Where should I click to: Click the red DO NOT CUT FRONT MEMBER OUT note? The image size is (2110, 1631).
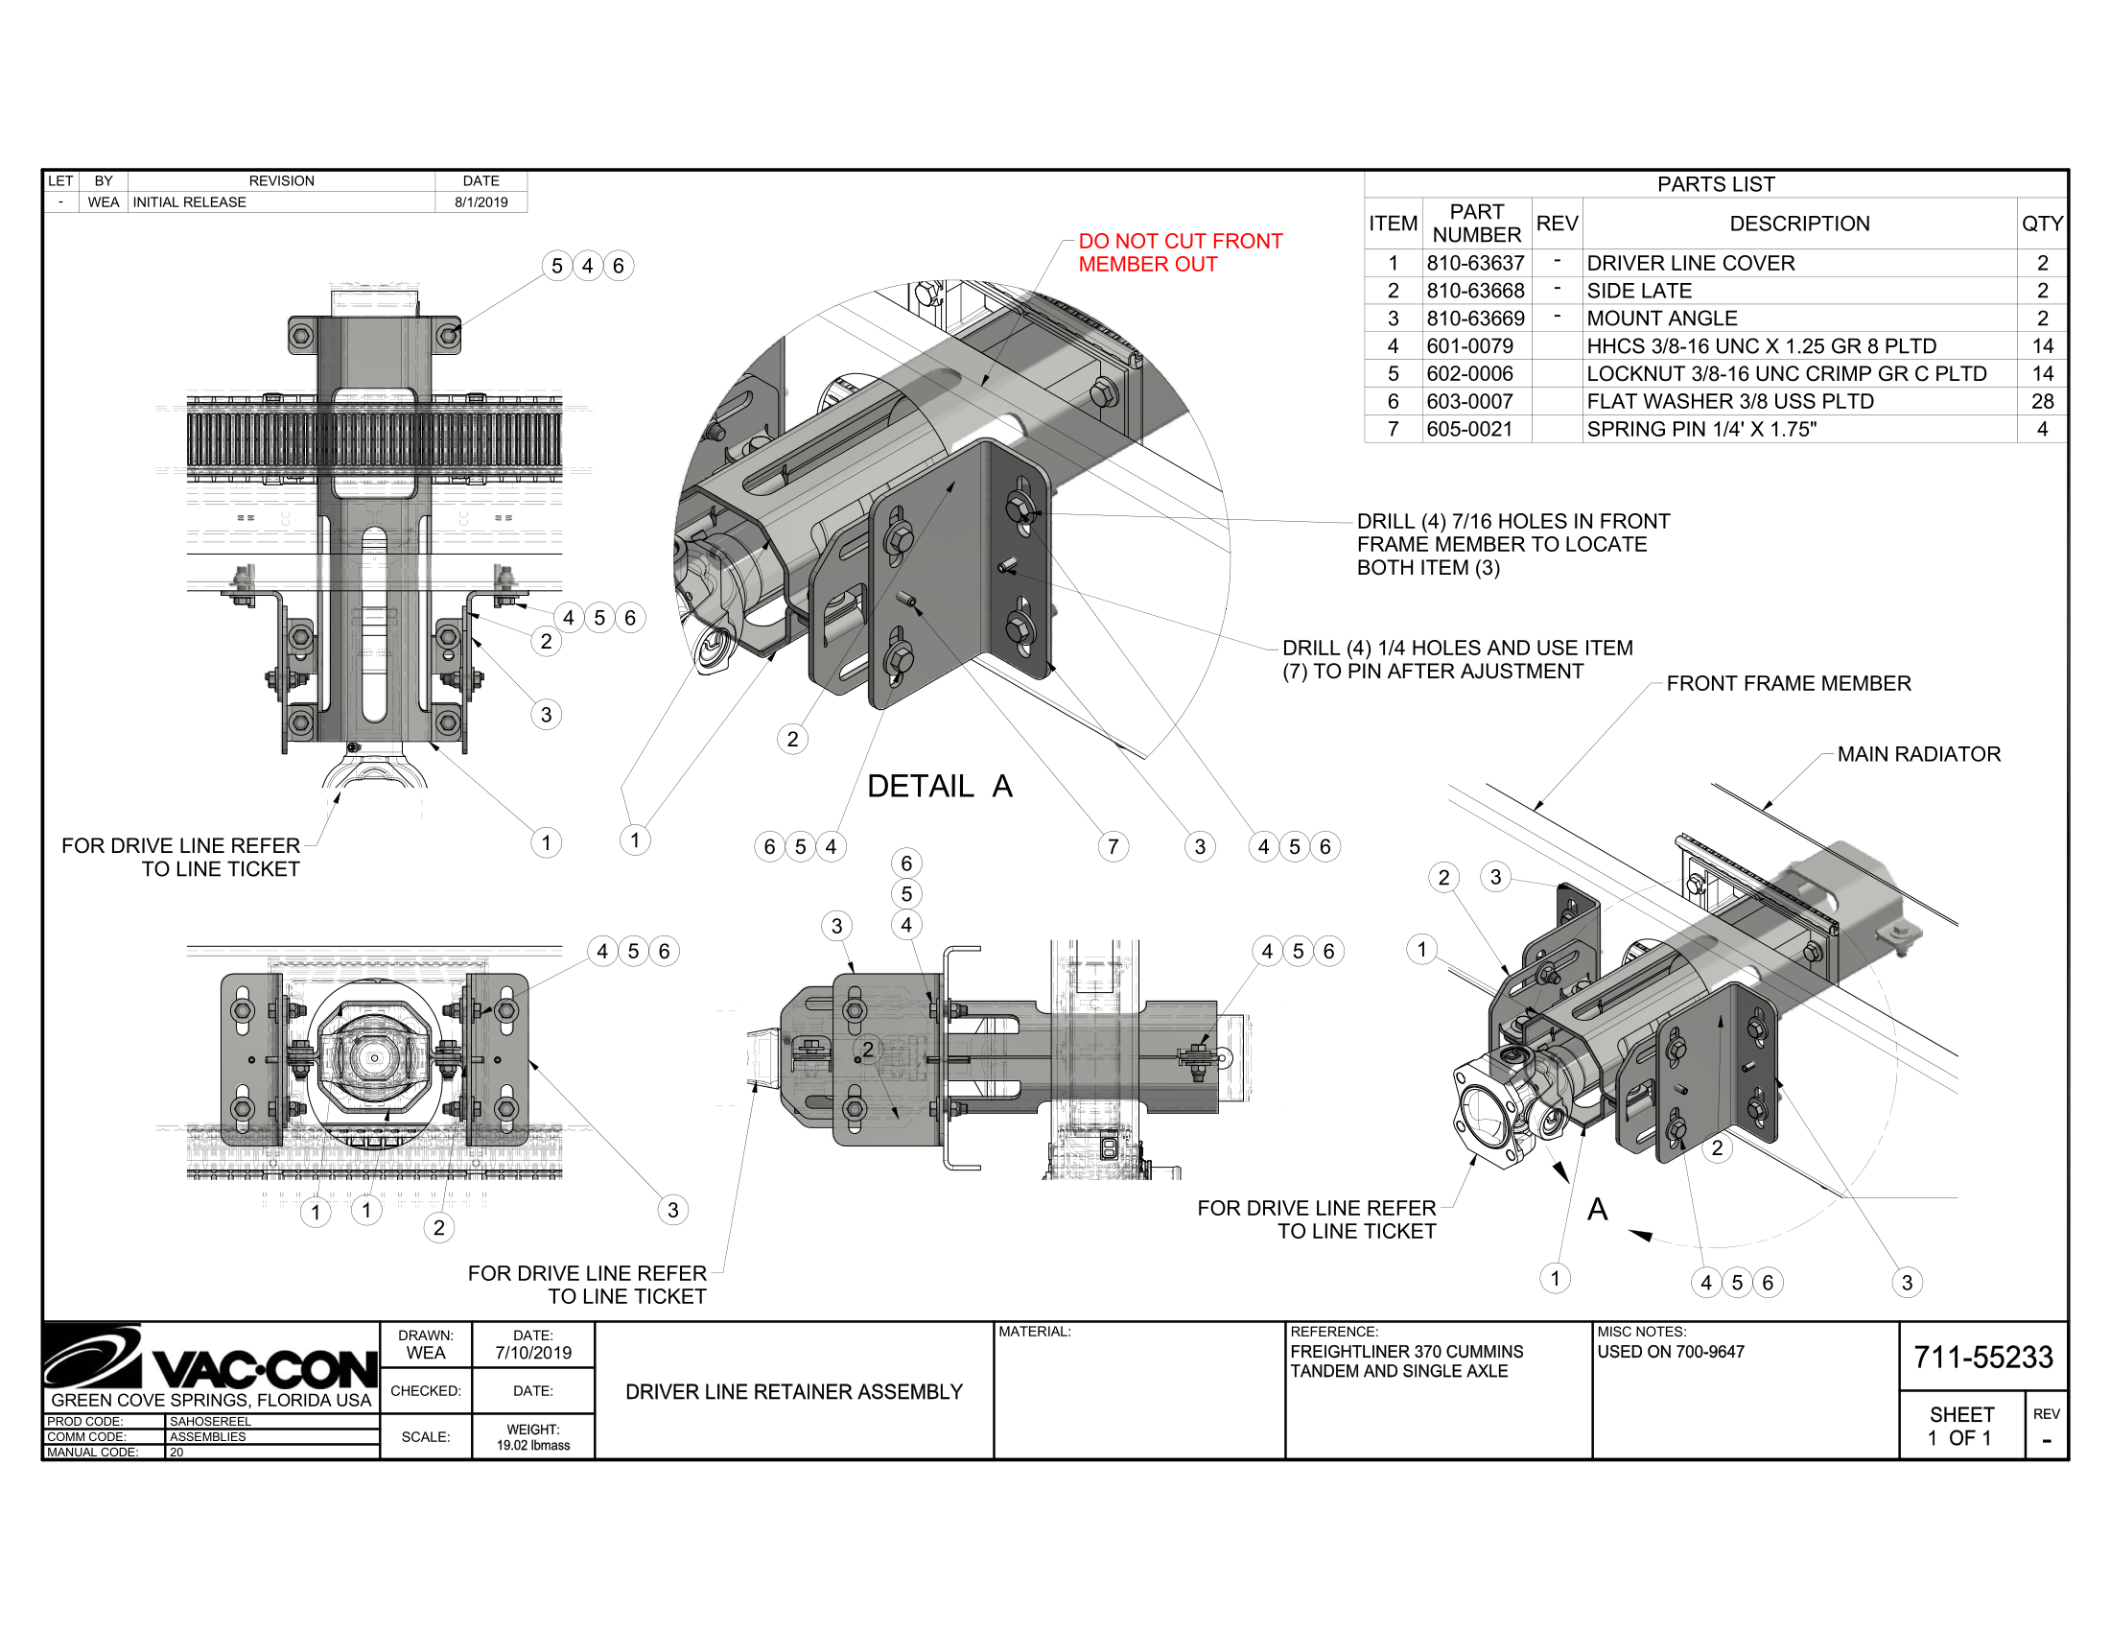1180,253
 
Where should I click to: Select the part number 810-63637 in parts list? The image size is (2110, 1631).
1475,263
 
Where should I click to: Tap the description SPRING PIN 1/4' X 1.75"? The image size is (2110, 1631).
1701,429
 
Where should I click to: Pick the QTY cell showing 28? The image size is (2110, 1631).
2041,401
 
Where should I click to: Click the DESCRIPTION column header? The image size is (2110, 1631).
1799,224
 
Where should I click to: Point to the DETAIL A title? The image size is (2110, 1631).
939,787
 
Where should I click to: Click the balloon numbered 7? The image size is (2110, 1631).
1113,847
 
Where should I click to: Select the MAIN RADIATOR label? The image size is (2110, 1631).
1918,755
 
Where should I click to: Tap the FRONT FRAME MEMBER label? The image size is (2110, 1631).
1788,684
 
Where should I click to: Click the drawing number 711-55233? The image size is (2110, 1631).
1982,1358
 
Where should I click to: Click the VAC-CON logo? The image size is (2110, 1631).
211,1359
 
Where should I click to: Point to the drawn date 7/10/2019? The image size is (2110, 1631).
533,1353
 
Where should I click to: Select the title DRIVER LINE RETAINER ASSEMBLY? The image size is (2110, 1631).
794,1392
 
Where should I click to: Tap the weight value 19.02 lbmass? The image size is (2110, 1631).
533,1446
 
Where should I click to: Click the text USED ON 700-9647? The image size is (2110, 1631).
1671,1352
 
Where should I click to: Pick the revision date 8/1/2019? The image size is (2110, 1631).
481,201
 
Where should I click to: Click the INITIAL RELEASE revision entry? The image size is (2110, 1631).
189,201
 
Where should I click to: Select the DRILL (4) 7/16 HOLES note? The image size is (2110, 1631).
1512,544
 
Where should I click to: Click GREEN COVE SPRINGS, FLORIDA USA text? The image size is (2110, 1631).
211,1400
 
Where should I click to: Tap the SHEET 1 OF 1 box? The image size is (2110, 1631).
1960,1426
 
